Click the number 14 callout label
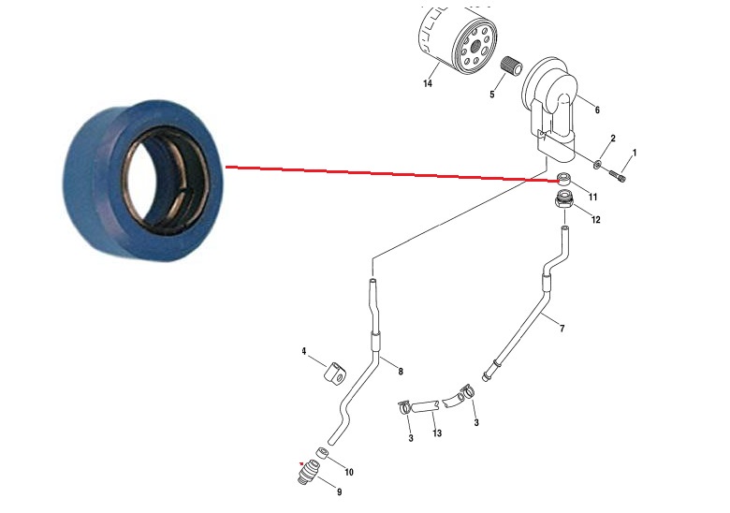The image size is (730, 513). coord(428,83)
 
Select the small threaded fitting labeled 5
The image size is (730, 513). coord(511,66)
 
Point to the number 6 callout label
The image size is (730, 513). coord(597,110)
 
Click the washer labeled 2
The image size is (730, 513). coord(597,164)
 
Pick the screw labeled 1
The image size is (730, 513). coord(617,176)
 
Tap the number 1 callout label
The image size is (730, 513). coord(635,153)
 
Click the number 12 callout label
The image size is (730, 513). coord(595,220)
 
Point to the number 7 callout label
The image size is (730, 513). coord(562,329)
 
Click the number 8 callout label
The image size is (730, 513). coord(401,372)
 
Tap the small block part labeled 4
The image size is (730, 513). coord(335,374)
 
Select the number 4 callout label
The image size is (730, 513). coord(303,351)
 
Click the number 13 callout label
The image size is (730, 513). coord(437,433)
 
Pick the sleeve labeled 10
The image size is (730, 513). coord(322,453)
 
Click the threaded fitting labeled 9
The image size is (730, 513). coord(309,472)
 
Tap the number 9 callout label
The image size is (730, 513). coord(339,492)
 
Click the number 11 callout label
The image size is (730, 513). coord(592,198)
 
